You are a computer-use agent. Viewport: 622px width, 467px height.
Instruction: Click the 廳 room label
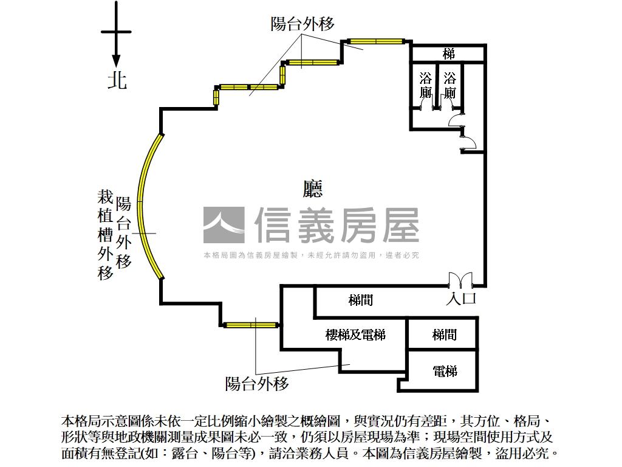[x=313, y=189]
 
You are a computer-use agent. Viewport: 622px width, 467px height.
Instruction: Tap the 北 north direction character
[x=117, y=80]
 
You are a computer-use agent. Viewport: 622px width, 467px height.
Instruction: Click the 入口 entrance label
[x=461, y=299]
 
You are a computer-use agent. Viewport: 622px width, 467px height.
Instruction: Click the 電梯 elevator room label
[x=445, y=370]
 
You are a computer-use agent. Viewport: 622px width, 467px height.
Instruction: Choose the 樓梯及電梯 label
[x=355, y=334]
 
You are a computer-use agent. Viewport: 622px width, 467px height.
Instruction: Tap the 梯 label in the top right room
[x=449, y=54]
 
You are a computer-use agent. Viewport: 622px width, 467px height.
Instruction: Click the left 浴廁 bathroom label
[x=426, y=86]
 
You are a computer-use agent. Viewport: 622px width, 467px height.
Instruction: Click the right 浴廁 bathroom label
[x=449, y=86]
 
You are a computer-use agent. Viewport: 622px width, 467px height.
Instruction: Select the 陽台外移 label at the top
[x=302, y=24]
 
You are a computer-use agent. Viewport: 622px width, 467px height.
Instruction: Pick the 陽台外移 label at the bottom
[x=256, y=384]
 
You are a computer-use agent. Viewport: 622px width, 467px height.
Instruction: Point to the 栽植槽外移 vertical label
[x=106, y=234]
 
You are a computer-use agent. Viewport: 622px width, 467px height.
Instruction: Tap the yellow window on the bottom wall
[x=251, y=325]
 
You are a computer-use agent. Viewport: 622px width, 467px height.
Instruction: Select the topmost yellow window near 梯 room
[x=376, y=41]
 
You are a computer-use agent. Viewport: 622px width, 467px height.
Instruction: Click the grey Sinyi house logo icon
[x=224, y=225]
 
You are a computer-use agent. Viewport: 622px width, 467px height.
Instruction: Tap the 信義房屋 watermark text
[x=337, y=225]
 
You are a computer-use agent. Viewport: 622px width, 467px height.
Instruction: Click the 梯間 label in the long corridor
[x=361, y=300]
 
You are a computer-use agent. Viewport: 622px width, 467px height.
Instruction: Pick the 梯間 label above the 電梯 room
[x=445, y=334]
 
